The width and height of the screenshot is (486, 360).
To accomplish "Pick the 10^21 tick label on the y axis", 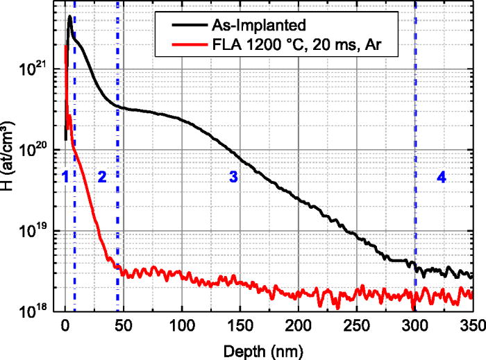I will (x=43, y=69).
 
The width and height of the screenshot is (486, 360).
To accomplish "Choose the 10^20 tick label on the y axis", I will (x=43, y=150).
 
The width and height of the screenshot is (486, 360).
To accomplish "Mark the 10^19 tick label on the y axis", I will (x=43, y=230).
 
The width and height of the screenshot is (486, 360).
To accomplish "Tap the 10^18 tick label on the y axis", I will (x=43, y=311).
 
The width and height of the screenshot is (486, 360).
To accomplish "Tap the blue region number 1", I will (x=65, y=178).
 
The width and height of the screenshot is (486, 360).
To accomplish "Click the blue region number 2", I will (x=101, y=178).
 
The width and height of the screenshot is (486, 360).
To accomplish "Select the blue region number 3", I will (x=234, y=178).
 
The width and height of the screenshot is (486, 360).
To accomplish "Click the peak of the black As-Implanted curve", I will (x=70, y=17).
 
